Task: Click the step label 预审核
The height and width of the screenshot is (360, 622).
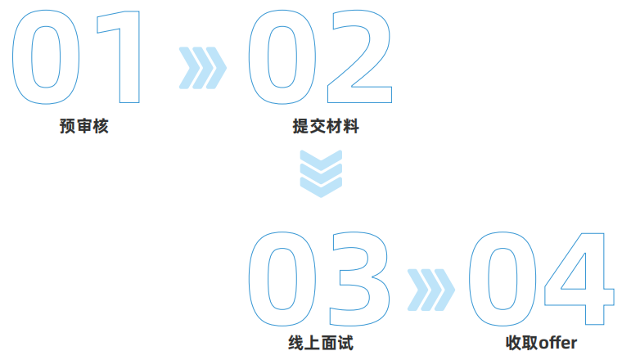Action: [84, 126]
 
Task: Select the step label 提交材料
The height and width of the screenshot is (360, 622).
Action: [326, 126]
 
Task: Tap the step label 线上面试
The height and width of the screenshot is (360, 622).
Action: [321, 343]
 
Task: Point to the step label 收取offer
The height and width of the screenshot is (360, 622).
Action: [541, 343]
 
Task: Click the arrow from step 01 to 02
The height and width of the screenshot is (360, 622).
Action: [203, 68]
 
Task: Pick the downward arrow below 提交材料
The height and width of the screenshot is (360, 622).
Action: [321, 173]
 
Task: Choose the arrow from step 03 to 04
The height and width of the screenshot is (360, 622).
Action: [431, 290]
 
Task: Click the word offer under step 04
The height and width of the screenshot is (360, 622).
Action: [557, 343]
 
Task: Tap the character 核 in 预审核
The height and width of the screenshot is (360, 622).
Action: [101, 126]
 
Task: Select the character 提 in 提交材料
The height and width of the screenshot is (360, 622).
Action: [300, 126]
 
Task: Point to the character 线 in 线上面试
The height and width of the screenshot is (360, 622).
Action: [296, 343]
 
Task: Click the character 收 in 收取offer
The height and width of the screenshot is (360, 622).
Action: [513, 343]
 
